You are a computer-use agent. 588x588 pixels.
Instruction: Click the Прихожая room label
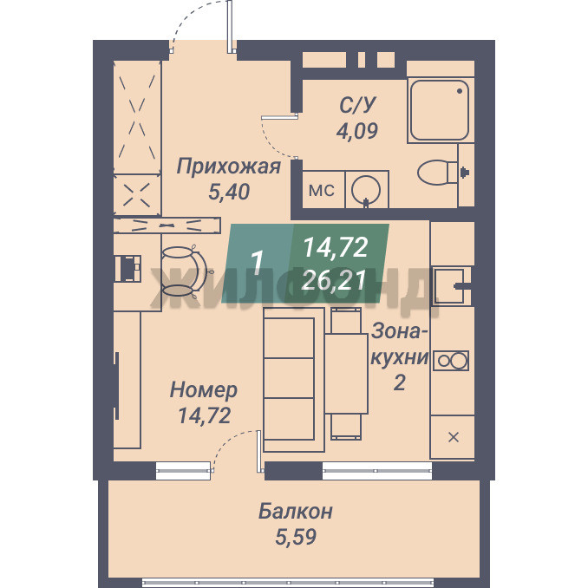(x=228, y=167)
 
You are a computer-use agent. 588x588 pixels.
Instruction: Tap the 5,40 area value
(x=229, y=192)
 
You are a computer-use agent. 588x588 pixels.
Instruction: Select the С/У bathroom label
(x=357, y=106)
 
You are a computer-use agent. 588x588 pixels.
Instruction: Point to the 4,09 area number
(x=357, y=130)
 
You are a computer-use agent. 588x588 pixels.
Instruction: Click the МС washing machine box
(x=323, y=190)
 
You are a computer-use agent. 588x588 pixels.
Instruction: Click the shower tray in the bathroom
(x=440, y=110)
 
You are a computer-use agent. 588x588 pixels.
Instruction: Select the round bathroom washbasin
(x=366, y=189)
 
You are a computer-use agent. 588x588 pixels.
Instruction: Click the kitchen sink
(x=448, y=285)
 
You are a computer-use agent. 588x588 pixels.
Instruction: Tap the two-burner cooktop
(x=451, y=361)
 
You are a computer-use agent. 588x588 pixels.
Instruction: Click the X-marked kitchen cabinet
(x=453, y=437)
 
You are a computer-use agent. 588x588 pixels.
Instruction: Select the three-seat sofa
(x=294, y=380)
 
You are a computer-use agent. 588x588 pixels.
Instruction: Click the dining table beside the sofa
(x=346, y=374)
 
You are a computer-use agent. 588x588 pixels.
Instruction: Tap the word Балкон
(x=296, y=512)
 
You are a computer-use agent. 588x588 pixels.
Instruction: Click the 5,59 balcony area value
(x=296, y=537)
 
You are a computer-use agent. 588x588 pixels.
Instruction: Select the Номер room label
(x=204, y=390)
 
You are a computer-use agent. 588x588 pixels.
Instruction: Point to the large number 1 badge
(x=257, y=263)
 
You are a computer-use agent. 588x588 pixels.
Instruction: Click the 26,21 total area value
(x=334, y=280)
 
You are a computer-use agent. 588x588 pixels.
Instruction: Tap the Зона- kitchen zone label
(x=400, y=332)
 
